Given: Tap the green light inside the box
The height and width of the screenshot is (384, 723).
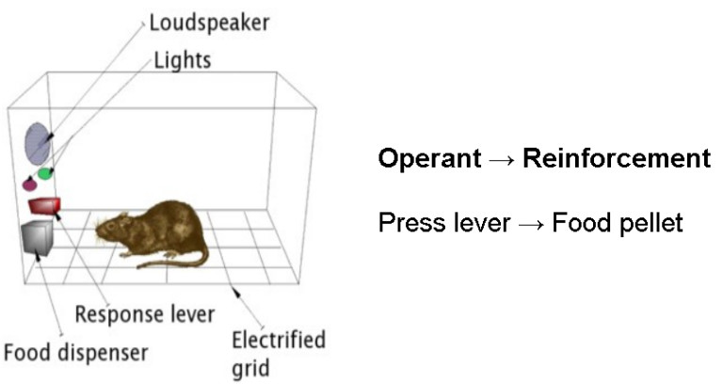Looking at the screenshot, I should tap(45, 174).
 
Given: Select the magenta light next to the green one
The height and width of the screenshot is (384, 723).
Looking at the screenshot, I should tap(29, 183).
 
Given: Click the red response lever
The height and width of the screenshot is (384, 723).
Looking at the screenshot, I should tap(43, 204).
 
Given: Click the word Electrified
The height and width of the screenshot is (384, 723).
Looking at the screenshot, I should tap(278, 339).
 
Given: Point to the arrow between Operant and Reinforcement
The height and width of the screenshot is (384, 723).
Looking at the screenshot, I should tap(501, 159).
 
